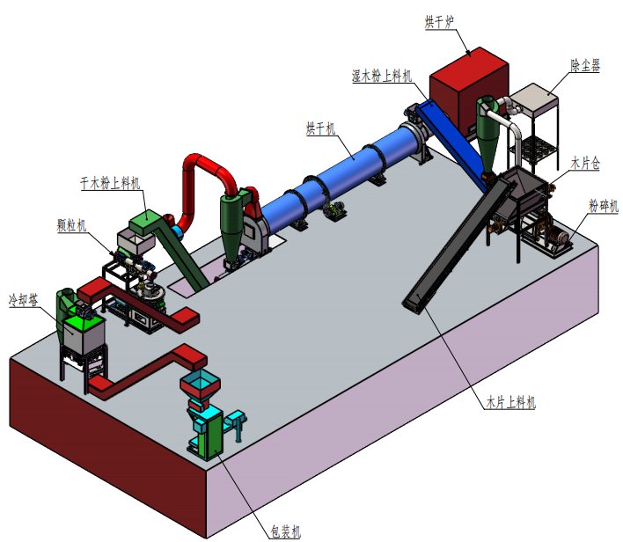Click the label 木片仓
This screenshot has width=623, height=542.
click(585, 163)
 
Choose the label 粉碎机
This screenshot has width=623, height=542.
click(603, 206)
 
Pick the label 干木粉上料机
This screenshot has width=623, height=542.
click(110, 184)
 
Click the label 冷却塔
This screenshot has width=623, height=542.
click(25, 299)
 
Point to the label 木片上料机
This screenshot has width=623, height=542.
click(511, 403)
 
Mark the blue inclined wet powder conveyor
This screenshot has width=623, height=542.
click(453, 136)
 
